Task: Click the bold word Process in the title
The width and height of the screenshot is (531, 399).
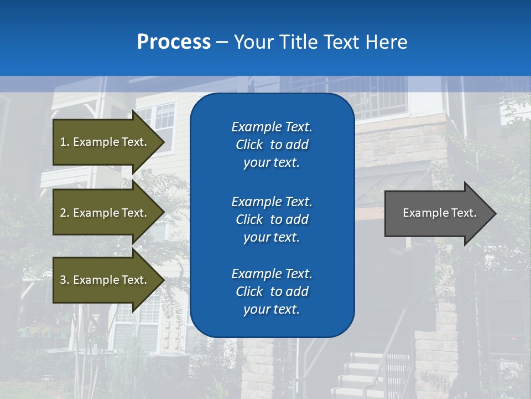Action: (x=174, y=42)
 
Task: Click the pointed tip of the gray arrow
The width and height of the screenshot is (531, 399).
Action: (x=494, y=213)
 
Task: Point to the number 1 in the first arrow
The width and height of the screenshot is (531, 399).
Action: (x=63, y=142)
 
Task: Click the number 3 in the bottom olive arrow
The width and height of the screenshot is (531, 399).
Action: (x=63, y=280)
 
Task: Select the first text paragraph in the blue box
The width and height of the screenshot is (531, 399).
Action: (x=272, y=145)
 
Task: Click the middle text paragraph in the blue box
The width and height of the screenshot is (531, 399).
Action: (x=272, y=219)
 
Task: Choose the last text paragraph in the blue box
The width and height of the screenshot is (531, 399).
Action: (x=272, y=291)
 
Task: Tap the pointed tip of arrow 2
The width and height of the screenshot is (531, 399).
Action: (x=162, y=213)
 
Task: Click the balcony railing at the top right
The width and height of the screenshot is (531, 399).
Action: (x=382, y=100)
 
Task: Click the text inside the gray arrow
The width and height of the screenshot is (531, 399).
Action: (x=439, y=213)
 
